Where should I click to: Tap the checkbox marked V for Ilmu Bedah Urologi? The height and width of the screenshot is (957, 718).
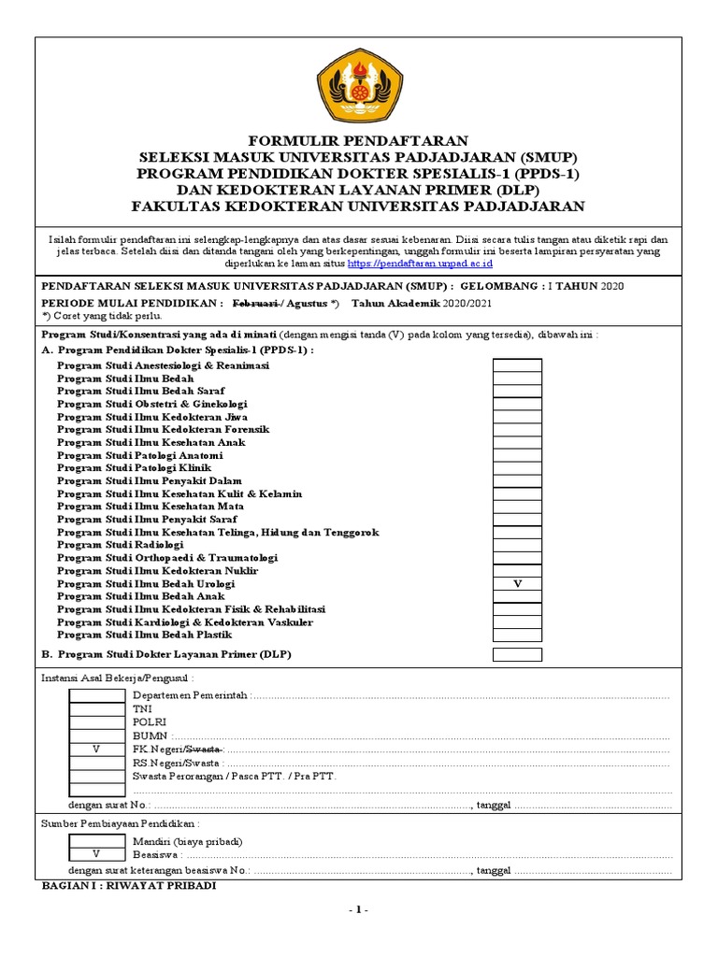click(x=517, y=584)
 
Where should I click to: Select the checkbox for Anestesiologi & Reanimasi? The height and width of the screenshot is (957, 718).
click(x=517, y=365)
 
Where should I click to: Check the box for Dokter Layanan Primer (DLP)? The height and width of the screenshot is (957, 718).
click(x=517, y=654)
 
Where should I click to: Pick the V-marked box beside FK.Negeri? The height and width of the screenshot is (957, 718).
click(x=96, y=750)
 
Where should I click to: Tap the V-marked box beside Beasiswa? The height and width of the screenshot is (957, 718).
click(x=96, y=855)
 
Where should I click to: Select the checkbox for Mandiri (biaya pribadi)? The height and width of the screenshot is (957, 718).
click(x=96, y=841)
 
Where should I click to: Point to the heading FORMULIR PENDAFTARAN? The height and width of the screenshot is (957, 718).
click(x=358, y=139)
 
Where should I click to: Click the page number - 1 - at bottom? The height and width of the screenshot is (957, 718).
click(x=358, y=910)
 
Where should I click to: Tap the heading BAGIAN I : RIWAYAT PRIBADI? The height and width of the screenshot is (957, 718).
click(x=130, y=885)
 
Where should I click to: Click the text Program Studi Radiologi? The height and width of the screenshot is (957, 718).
click(x=120, y=545)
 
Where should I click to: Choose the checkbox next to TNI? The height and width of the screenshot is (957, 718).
click(x=96, y=709)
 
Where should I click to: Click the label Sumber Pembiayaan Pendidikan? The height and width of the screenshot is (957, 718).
click(x=119, y=823)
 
